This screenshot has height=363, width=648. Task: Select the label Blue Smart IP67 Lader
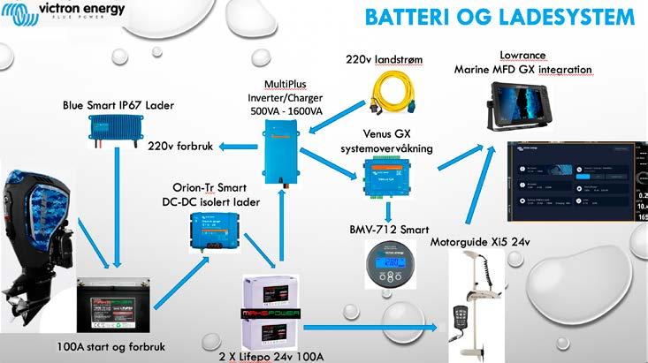point(118,105)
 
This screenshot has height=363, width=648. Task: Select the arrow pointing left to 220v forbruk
point(237,145)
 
